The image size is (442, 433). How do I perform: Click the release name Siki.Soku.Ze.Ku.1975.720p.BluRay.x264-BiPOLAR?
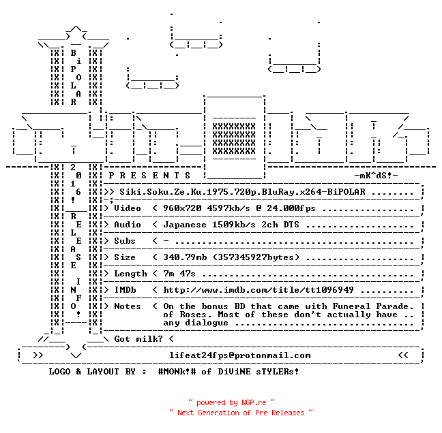click(x=242, y=192)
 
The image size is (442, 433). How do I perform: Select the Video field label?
click(x=128, y=208)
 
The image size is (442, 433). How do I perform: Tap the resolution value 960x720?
click(x=182, y=208)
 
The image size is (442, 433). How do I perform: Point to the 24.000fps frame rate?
click(x=291, y=208)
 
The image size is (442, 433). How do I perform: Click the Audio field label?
click(x=128, y=225)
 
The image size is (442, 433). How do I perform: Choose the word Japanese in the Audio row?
click(x=185, y=225)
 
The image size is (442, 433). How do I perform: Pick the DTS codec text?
click(x=291, y=225)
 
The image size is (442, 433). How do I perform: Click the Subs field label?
click(x=125, y=241)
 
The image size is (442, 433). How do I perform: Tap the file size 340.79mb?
click(x=185, y=257)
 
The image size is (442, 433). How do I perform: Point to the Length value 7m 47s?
click(x=179, y=274)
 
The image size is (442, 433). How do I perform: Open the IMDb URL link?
click(x=259, y=290)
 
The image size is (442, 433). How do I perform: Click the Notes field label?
click(x=128, y=306)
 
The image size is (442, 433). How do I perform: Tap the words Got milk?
click(x=138, y=339)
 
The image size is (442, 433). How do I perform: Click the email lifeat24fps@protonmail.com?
click(x=240, y=355)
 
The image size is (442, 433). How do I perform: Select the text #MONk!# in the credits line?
click(x=177, y=371)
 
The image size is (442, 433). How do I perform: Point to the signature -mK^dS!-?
click(x=376, y=176)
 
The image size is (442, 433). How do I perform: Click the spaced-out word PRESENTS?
click(x=149, y=176)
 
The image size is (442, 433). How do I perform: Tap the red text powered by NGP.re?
click(x=231, y=402)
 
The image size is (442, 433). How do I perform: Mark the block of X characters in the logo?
click(x=234, y=139)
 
